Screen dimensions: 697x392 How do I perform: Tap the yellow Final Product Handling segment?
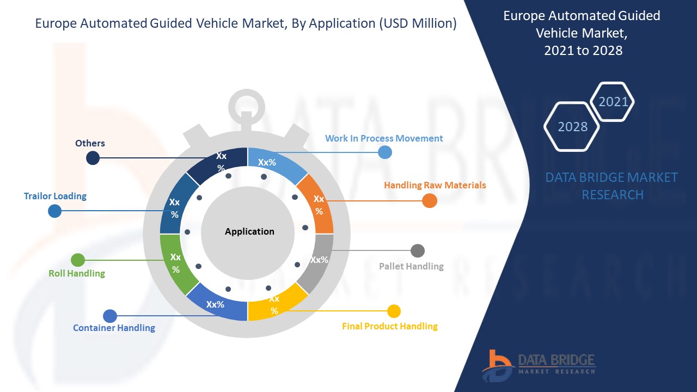click(x=276, y=303)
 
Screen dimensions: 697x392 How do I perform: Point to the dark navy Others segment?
click(x=219, y=163)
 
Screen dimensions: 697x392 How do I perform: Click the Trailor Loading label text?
click(x=55, y=196)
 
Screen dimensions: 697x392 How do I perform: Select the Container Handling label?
click(x=114, y=328)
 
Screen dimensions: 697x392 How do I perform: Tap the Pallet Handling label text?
click(x=411, y=266)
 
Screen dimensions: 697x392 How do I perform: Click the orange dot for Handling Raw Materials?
click(x=430, y=201)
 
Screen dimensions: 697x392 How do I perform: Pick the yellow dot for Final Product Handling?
click(x=394, y=311)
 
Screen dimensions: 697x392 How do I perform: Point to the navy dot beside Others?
click(x=93, y=158)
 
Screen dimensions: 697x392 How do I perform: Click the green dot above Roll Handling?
click(x=78, y=260)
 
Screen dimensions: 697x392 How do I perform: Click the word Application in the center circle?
click(x=249, y=231)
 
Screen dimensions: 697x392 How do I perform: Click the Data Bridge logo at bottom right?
click(x=539, y=366)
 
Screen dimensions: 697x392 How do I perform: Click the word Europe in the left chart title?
click(x=56, y=23)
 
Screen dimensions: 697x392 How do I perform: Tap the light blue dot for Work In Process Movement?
click(x=385, y=152)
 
